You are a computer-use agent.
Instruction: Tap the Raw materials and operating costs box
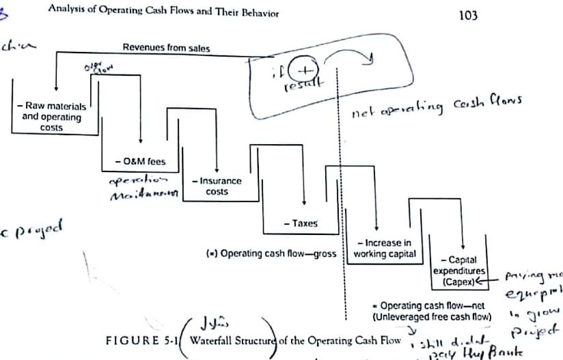51,116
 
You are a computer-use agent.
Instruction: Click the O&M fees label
141,162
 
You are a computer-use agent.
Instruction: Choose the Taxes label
301,223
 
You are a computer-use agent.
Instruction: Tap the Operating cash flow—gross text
277,253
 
